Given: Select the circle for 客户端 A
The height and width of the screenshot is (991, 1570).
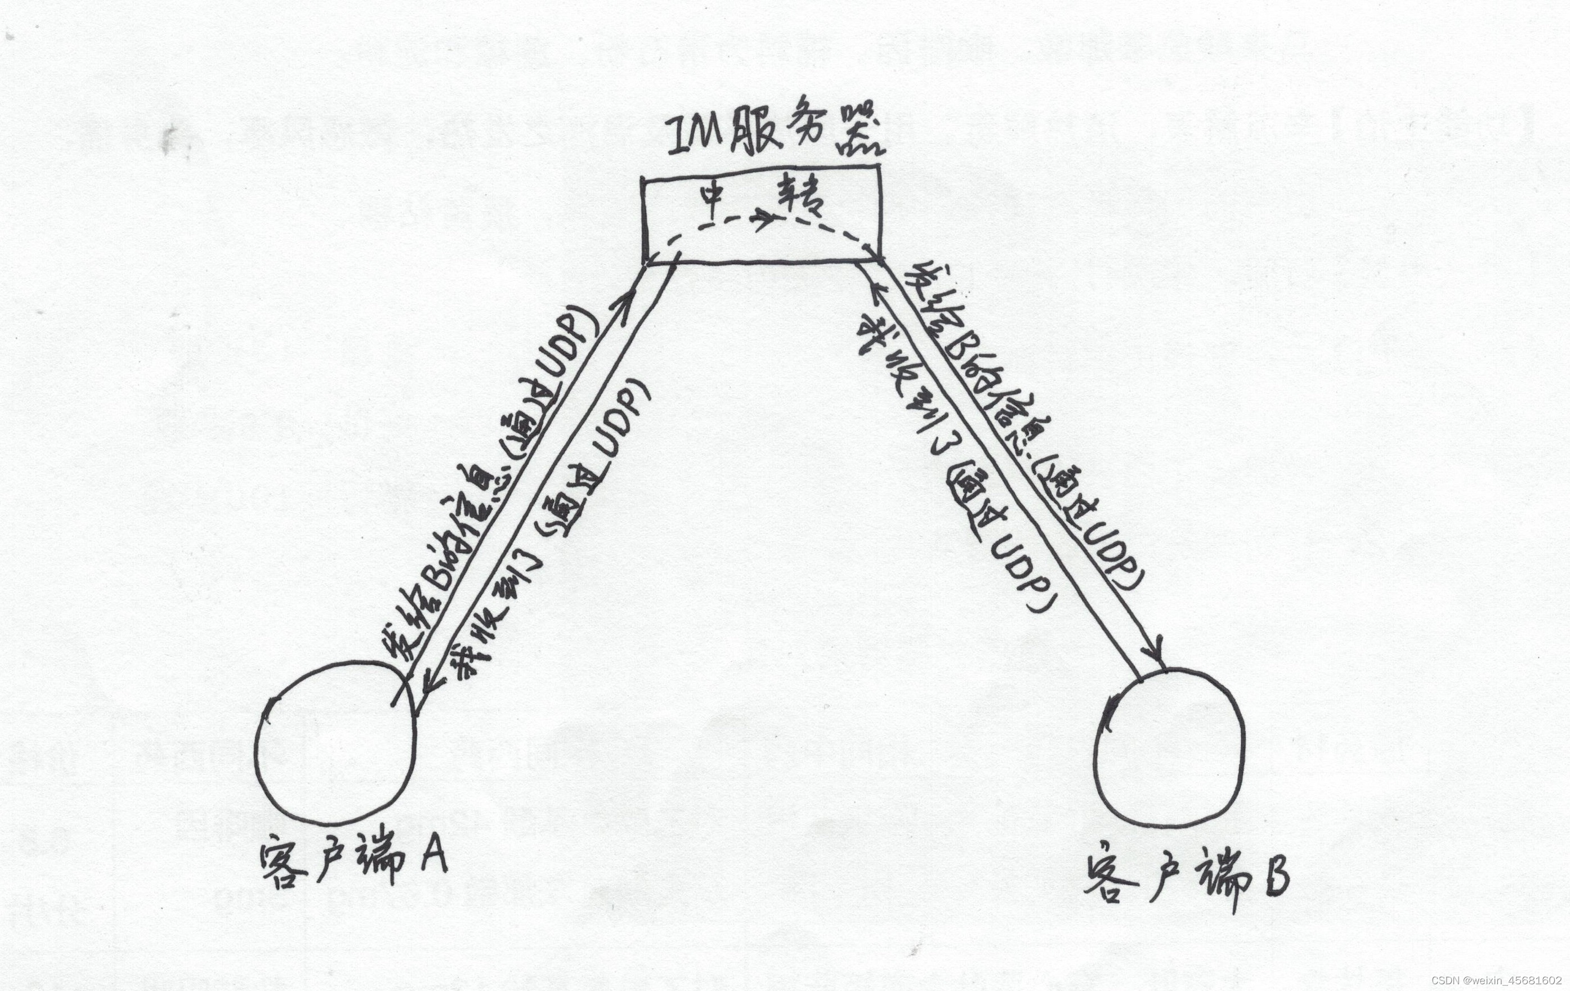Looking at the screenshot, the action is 335,743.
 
